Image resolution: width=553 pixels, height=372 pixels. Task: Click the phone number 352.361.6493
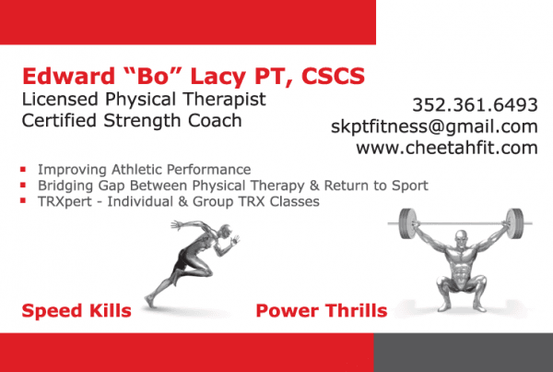pyautogui.click(x=476, y=104)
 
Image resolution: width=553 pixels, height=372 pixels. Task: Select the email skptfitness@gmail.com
pyautogui.click(x=434, y=126)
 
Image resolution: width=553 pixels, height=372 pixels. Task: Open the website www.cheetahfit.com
pyautogui.click(x=447, y=147)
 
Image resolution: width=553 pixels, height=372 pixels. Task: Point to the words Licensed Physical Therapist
pyautogui.click(x=143, y=99)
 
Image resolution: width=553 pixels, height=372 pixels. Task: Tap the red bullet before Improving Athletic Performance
pyautogui.click(x=23, y=171)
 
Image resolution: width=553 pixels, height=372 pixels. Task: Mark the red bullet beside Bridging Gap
pyautogui.click(x=23, y=186)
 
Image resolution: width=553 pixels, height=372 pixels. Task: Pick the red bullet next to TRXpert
pyautogui.click(x=23, y=201)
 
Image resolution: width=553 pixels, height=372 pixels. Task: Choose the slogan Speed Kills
pyautogui.click(x=77, y=309)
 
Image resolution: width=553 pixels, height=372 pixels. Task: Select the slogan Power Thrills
pyautogui.click(x=321, y=309)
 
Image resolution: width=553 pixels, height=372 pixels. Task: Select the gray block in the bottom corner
pyautogui.click(x=463, y=353)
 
